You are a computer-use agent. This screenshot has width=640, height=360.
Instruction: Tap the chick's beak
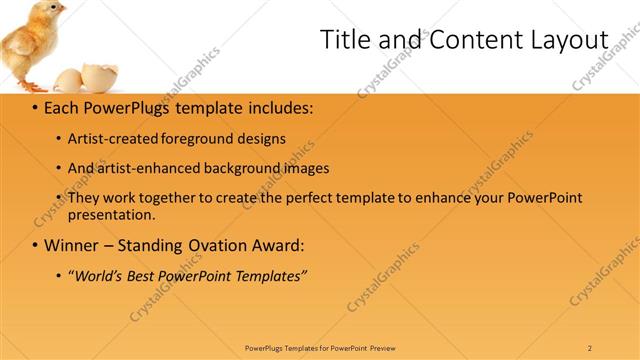point(64,13)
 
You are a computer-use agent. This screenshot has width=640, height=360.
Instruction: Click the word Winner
point(72,245)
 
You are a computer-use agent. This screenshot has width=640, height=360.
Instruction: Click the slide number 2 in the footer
point(590,348)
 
